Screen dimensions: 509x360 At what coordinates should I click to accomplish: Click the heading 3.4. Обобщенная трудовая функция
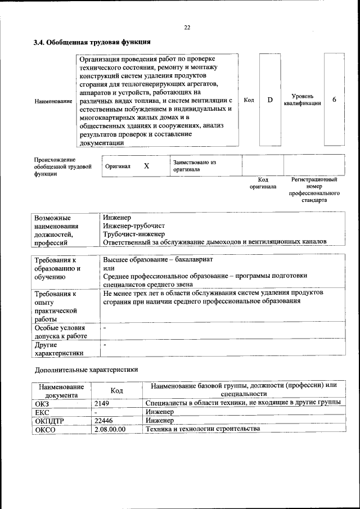[x=91, y=42]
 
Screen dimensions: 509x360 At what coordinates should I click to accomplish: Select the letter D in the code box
[x=270, y=100]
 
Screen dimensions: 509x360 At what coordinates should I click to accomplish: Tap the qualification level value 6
[x=335, y=100]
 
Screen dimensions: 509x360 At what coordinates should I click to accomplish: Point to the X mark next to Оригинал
[x=147, y=166]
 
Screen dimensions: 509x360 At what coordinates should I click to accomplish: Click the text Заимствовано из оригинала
[x=194, y=166]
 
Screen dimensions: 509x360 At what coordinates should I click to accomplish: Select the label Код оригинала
[x=263, y=183]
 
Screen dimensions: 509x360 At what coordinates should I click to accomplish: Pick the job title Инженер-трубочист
[x=129, y=225]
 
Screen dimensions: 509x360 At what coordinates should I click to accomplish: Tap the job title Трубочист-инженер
[x=129, y=233]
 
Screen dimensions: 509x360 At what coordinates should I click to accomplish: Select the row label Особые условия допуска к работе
[x=60, y=332]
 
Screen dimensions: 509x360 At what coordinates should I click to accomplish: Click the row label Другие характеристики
[x=59, y=349]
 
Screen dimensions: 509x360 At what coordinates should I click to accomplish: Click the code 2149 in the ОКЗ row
[x=102, y=403]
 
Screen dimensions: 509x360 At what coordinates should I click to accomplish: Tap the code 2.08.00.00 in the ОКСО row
[x=110, y=429]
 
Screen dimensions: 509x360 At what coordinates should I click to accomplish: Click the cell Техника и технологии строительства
[x=202, y=429]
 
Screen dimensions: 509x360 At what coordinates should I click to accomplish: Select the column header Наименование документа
[x=62, y=391]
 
